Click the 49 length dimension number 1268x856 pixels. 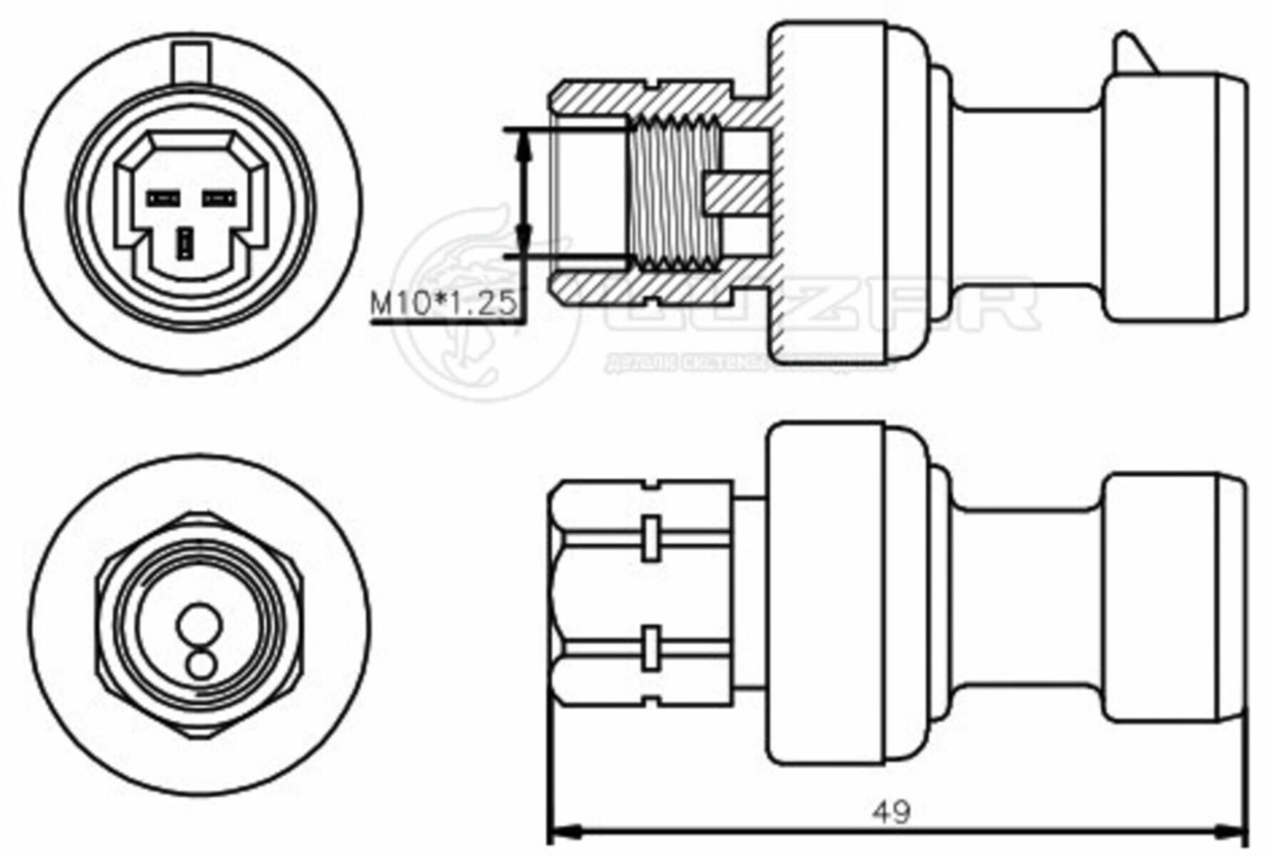coord(891,811)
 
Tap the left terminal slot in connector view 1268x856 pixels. coord(162,198)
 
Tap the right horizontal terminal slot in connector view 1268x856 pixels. coord(220,198)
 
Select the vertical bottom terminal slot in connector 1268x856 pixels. coord(187,244)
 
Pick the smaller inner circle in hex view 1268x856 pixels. coord(200,664)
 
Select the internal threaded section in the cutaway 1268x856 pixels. coord(674,193)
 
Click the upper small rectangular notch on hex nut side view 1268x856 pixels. coord(650,536)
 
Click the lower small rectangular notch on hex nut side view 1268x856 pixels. coord(650,648)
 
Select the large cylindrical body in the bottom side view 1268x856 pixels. coord(827,592)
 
